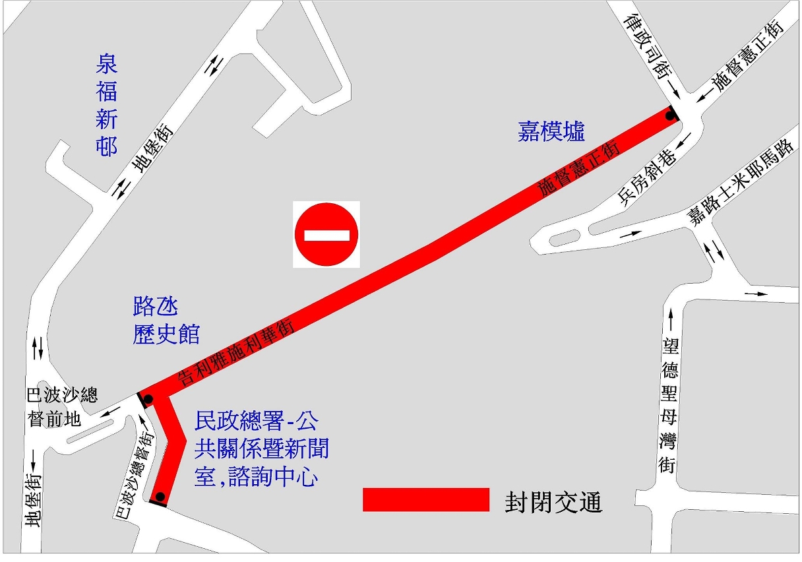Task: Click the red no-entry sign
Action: pos(326,234)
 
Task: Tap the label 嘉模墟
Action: pos(551,132)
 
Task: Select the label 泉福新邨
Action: pos(107,106)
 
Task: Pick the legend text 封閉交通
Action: pos(553,503)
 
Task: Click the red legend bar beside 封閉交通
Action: pos(425,499)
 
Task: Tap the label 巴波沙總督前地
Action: pos(61,407)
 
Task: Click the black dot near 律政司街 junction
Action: pos(671,116)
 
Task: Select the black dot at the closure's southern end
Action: pos(159,497)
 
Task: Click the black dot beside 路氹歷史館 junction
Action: pos(148,399)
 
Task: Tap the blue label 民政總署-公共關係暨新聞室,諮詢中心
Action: pos(261,449)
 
